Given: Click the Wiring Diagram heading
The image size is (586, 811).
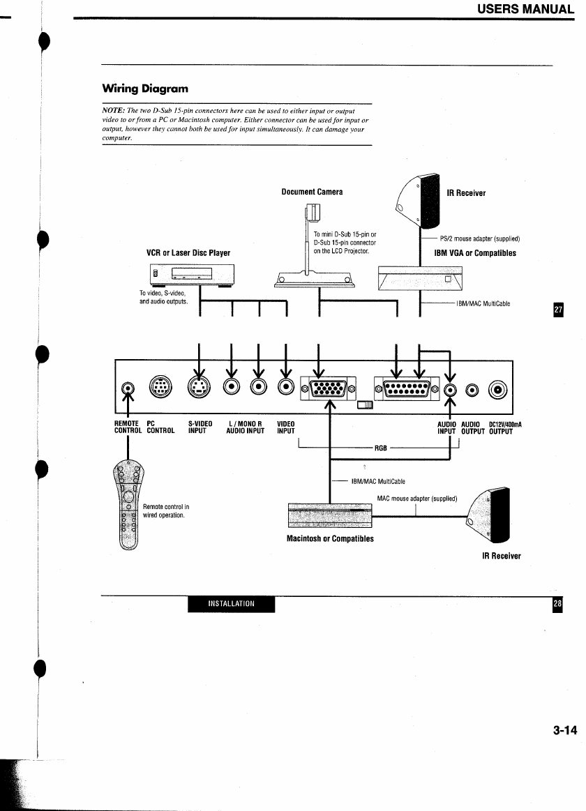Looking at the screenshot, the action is pyautogui.click(x=145, y=89).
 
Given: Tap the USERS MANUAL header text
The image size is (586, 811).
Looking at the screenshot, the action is pyautogui.click(x=525, y=9).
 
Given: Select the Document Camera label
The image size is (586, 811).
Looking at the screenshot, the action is pyautogui.click(x=312, y=192).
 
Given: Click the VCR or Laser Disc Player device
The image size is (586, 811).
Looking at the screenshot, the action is pyautogui.click(x=192, y=274).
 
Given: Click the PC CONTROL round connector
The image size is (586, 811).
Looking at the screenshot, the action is pyautogui.click(x=160, y=386).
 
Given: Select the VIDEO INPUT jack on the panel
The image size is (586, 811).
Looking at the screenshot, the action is pyautogui.click(x=285, y=386).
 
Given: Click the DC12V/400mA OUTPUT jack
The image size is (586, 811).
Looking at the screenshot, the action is pyautogui.click(x=498, y=390).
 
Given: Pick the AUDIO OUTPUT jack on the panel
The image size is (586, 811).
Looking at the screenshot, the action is pyautogui.click(x=472, y=390).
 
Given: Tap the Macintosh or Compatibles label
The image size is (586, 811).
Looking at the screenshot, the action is pyautogui.click(x=330, y=538).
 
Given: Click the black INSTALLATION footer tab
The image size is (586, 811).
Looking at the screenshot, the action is pyautogui.click(x=231, y=604).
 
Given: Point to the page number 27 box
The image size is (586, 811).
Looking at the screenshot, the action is pyautogui.click(x=559, y=310).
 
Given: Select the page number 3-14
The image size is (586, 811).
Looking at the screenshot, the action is pyautogui.click(x=565, y=730).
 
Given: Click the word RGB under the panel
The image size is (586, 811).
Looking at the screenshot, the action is pyautogui.click(x=381, y=448).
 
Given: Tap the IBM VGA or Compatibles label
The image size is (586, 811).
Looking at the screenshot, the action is pyautogui.click(x=475, y=253).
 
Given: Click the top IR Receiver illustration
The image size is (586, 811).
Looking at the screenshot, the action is pyautogui.click(x=419, y=202).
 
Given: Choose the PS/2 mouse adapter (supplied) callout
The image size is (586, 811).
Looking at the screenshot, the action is pyautogui.click(x=479, y=239).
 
